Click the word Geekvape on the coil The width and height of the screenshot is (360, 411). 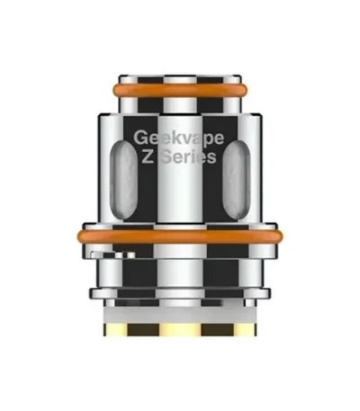tap(179, 138)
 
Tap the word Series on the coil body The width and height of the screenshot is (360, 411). tap(189, 156)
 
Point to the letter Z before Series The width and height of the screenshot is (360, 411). tap(148, 156)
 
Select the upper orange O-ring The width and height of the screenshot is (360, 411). tap(180, 90)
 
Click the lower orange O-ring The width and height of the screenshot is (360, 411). tap(180, 237)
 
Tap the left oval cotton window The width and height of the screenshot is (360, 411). tap(123, 180)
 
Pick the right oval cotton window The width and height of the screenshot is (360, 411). tap(237, 180)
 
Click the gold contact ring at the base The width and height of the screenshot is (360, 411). tap(180, 329)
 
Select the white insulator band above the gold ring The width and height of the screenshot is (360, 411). tap(180, 315)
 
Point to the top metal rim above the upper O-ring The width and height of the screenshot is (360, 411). tap(180, 79)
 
